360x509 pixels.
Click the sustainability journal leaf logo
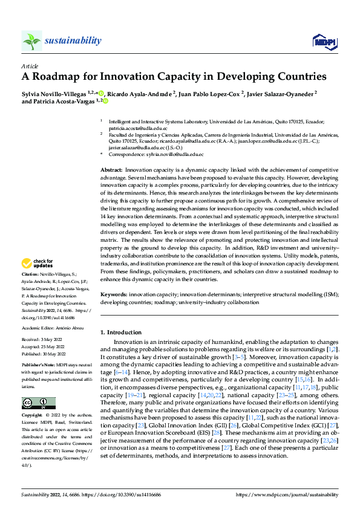pyautogui.click(x=32, y=41)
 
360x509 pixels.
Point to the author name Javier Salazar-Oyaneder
pyautogui.click(x=281, y=93)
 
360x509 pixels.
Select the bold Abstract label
pyautogui.click(x=111, y=172)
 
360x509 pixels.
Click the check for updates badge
pyautogui.click(x=38, y=264)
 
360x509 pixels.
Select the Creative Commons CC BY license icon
pyautogui.click(x=38, y=403)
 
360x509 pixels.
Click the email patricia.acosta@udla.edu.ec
pyautogui.click(x=133, y=128)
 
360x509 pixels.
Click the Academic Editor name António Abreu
pyautogui.click(x=70, y=326)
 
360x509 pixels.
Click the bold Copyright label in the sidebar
pyautogui.click(x=33, y=415)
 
